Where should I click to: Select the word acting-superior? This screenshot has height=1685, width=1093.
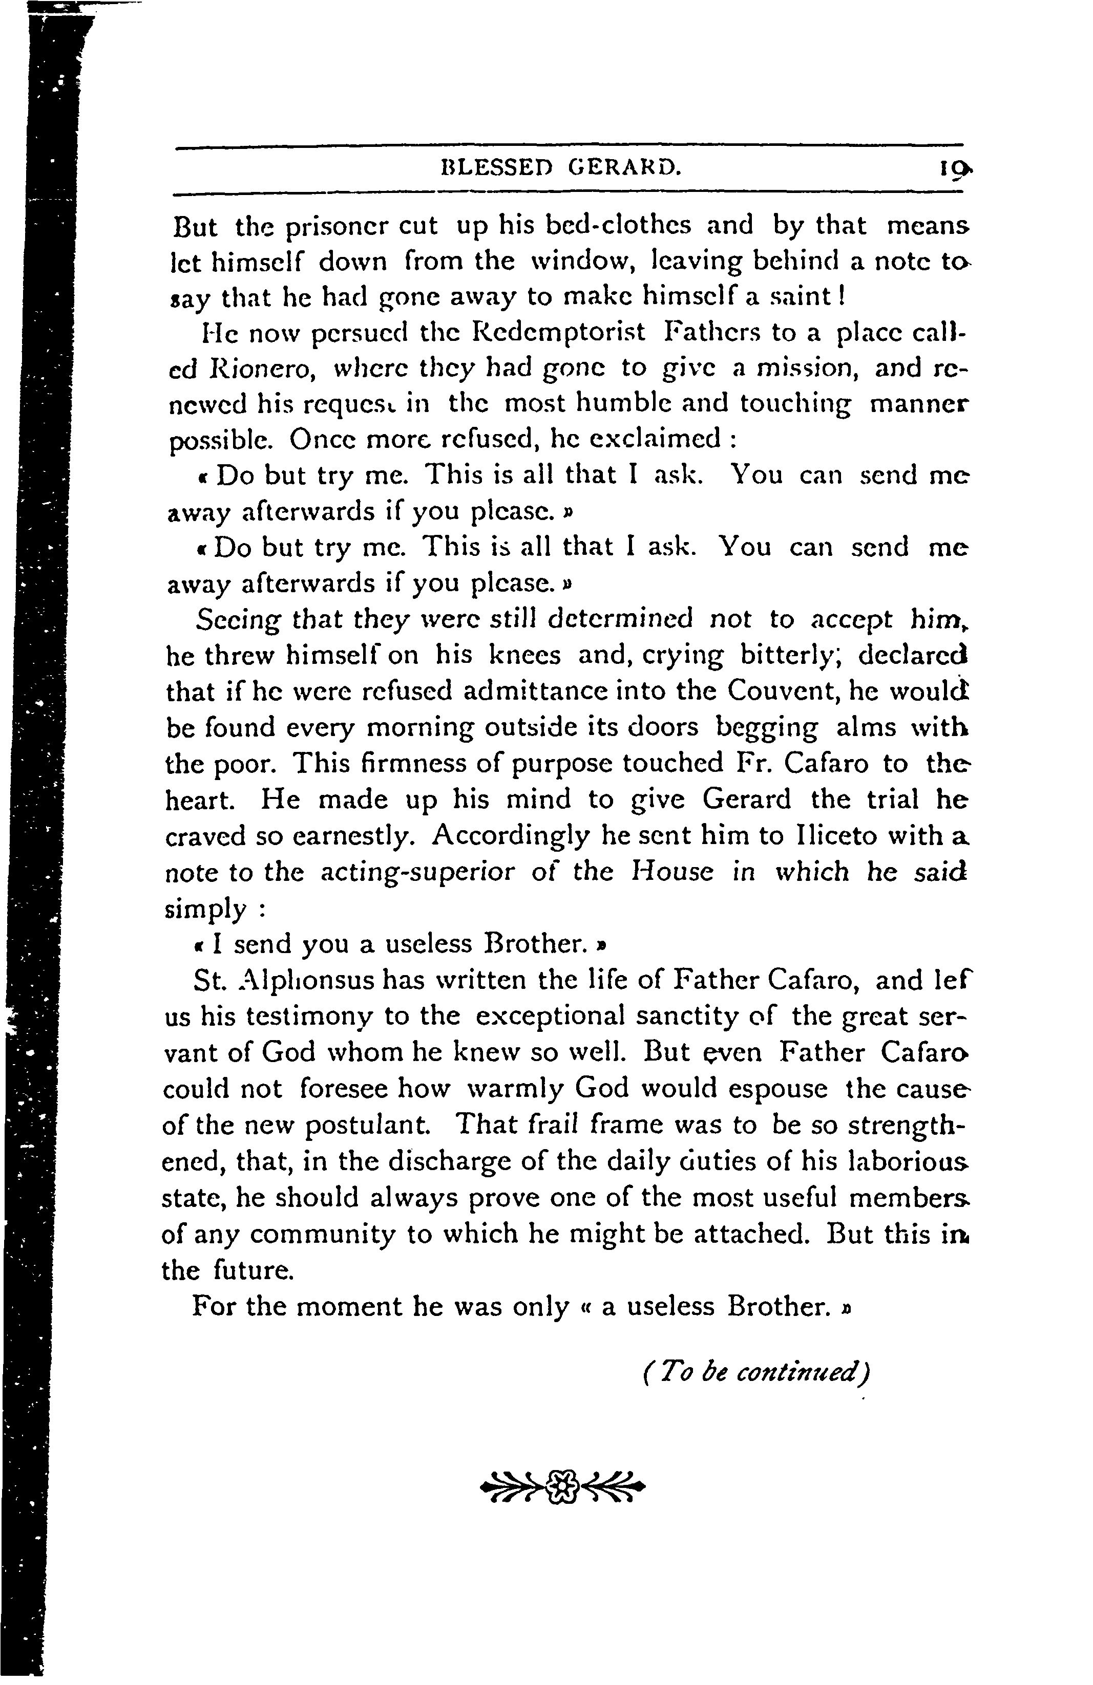pos(418,872)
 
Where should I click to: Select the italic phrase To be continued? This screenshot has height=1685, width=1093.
pos(756,1375)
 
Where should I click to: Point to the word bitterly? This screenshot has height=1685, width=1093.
pos(789,655)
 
